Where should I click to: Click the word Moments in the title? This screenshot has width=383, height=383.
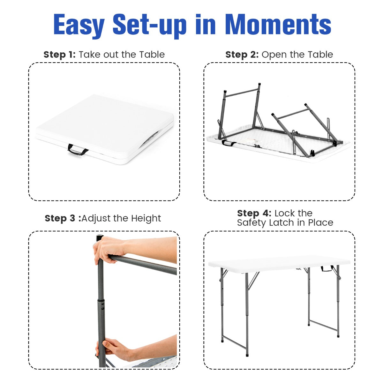pos(278,25)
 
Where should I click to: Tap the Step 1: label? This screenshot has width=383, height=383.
pos(59,55)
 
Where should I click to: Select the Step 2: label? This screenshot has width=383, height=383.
pos(242,55)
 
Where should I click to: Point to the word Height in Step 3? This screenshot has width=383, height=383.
pos(146,218)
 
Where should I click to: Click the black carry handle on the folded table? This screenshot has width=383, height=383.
pos(78,150)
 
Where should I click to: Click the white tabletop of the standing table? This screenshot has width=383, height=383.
pos(279,263)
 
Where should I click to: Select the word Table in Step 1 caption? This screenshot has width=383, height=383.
pos(152,55)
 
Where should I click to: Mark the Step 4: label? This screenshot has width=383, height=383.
pos(254,213)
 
